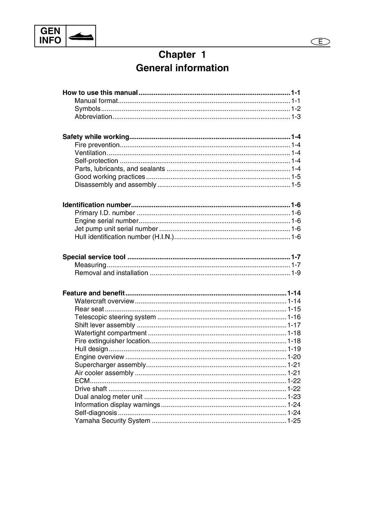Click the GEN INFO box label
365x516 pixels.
tap(50, 36)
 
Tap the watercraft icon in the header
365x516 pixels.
tap(81, 36)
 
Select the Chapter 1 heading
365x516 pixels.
tap(182, 55)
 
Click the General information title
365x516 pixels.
tap(182, 68)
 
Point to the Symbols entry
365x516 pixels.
tap(87, 109)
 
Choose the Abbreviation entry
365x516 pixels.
tap(93, 117)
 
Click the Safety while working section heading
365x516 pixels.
tap(96, 137)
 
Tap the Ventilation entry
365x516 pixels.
tap(90, 153)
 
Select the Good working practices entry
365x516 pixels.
tap(110, 177)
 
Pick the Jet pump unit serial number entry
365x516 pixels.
tap(116, 229)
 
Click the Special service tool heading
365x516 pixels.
tap(94, 257)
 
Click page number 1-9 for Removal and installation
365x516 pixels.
tap(296, 273)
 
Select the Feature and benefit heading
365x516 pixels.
tap(94, 293)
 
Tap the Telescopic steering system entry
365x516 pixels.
tap(115, 317)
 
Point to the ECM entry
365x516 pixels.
tap(82, 381)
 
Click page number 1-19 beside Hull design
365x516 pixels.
tap(294, 349)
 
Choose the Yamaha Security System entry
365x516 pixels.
tap(112, 421)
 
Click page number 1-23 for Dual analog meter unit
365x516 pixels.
tap(294, 397)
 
